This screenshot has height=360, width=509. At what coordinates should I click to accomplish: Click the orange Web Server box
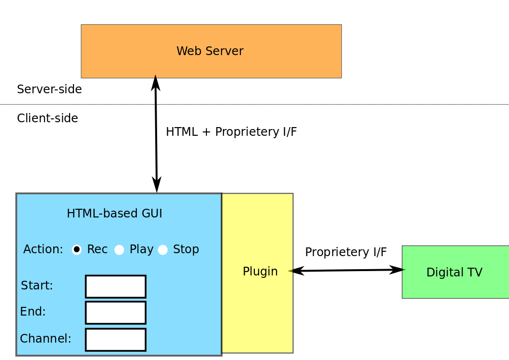211,51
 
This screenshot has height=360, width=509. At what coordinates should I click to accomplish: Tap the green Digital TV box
455,272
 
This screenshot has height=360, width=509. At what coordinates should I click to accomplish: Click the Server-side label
49,89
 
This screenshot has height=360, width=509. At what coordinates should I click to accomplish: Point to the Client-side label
47,118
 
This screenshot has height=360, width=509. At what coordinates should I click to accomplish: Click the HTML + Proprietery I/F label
231,132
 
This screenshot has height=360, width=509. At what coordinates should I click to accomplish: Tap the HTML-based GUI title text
114,214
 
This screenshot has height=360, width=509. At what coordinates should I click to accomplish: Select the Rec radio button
77,249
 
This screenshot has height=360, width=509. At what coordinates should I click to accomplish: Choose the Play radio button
119,250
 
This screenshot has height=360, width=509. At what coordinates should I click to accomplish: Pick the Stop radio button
163,250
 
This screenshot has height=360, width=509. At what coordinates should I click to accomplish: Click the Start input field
116,287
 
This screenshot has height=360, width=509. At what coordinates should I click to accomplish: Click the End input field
116,313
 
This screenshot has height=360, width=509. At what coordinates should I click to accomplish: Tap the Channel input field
116,340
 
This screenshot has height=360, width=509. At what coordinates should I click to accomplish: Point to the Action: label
43,249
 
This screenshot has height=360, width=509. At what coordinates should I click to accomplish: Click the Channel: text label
45,339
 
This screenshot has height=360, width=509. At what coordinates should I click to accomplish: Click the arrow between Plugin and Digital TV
347,271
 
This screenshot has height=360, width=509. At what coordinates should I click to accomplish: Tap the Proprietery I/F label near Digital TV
346,252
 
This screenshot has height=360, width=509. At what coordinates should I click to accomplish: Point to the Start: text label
37,286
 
